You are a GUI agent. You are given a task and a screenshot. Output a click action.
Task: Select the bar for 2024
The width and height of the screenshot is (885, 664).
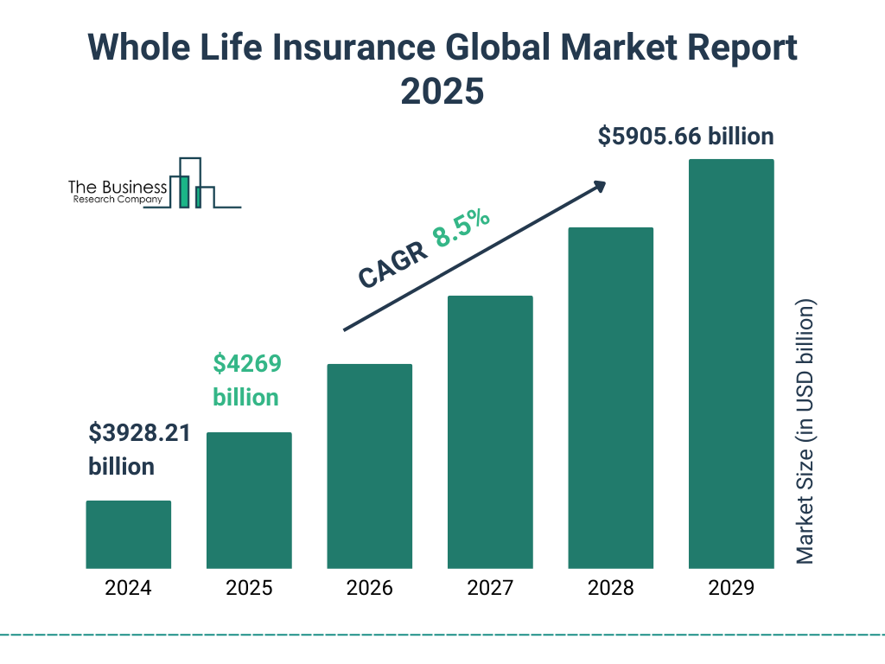(128, 534)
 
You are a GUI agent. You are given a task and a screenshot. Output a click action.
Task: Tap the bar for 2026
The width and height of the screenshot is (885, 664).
(369, 466)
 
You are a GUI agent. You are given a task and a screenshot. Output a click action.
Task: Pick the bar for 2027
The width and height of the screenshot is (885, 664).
(490, 431)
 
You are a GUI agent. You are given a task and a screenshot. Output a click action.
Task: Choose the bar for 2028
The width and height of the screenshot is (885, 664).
(610, 398)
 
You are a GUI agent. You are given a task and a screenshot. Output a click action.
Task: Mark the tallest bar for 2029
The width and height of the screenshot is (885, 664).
(731, 363)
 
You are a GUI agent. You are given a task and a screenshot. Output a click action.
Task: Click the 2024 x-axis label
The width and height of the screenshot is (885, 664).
(128, 589)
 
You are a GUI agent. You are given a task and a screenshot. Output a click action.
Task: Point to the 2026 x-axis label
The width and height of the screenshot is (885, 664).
(369, 589)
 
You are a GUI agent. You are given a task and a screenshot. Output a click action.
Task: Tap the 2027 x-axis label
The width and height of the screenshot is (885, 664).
(490, 589)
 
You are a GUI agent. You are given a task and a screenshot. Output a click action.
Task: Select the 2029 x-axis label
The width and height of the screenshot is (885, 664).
(731, 589)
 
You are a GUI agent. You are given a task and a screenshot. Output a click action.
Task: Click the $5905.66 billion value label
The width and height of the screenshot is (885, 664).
(685, 137)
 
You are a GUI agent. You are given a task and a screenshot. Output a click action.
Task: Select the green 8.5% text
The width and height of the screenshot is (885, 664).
(462, 228)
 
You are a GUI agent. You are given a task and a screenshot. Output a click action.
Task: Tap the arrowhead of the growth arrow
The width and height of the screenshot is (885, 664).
(599, 186)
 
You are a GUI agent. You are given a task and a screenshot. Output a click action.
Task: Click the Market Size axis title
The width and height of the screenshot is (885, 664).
(805, 431)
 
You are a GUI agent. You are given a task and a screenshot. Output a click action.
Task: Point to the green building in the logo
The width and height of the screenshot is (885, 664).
(182, 191)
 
